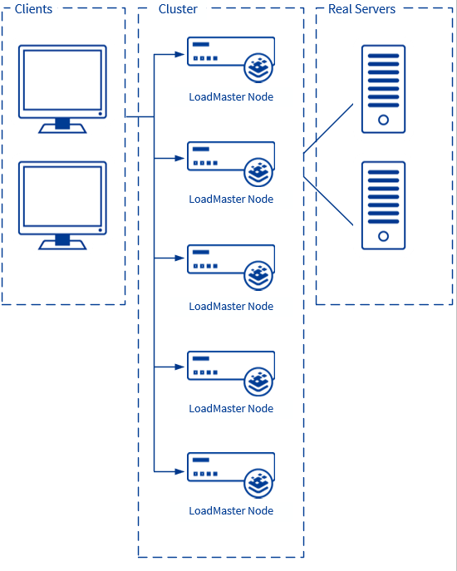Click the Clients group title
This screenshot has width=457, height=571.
click(x=33, y=9)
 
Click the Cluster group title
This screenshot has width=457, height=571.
click(x=178, y=9)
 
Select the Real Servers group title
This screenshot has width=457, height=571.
click(x=361, y=9)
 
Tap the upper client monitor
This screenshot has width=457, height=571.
click(x=63, y=88)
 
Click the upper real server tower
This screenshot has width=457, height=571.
click(x=383, y=89)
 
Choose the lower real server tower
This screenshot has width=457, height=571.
click(x=383, y=205)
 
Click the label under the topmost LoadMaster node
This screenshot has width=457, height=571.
click(x=231, y=97)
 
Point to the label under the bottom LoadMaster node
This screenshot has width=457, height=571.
click(x=231, y=511)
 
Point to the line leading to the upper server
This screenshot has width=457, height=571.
click(x=329, y=129)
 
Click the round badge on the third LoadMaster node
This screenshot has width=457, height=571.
click(x=259, y=275)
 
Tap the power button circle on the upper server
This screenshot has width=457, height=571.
click(x=383, y=120)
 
